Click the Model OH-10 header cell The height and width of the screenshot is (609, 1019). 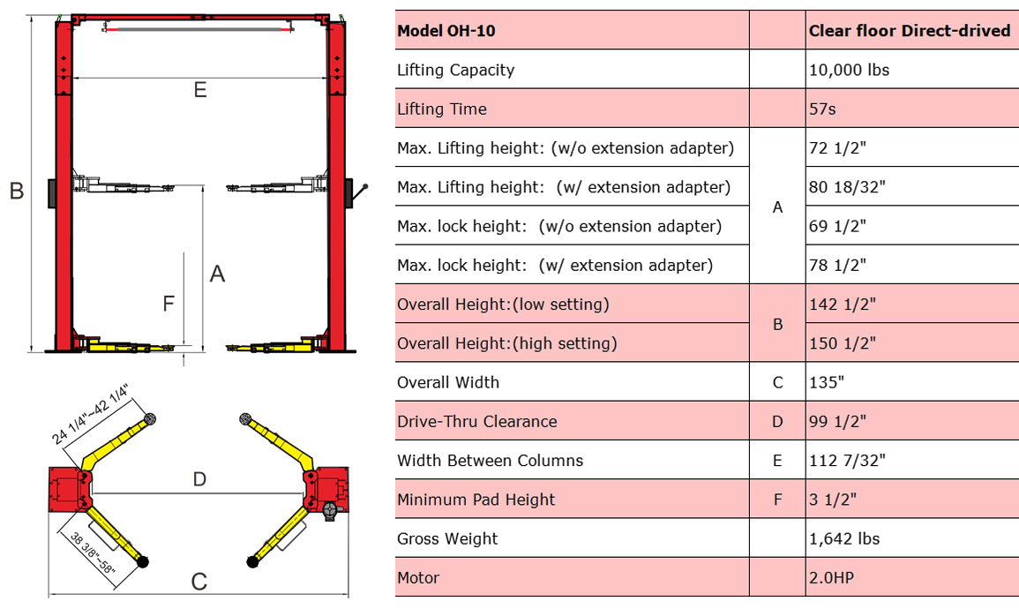pos(446,31)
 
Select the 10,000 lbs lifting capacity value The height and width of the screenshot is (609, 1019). pos(849,70)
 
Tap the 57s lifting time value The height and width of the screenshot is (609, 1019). pos(823,109)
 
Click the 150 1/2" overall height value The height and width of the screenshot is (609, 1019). pos(842,343)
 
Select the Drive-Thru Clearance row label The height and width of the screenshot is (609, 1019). pos(477,422)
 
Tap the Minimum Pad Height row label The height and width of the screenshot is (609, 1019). pos(476,500)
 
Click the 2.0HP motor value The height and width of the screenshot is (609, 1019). pos(831,578)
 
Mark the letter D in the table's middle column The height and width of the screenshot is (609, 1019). pos(777,422)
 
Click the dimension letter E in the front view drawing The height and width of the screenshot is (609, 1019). pos(200,90)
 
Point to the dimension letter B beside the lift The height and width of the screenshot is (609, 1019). pos(16,191)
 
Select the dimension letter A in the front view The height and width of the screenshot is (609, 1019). pos(217,274)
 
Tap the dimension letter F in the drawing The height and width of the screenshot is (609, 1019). pos(169,304)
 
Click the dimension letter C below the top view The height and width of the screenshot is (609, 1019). pos(199,583)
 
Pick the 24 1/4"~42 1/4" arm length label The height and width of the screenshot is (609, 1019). pos(90,413)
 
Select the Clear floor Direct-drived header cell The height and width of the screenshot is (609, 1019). pos(909,31)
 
